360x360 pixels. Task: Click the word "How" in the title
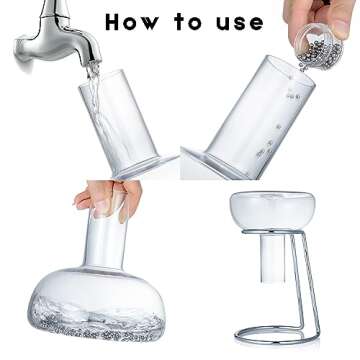point(133,22)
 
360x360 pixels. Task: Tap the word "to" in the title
point(187,22)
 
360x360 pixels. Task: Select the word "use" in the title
point(240,23)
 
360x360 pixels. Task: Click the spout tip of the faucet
point(95,61)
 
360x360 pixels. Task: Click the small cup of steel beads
point(319,46)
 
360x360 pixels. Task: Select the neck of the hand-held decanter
point(106,243)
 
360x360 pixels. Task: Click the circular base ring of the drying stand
point(276,335)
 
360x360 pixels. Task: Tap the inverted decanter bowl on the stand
point(273,210)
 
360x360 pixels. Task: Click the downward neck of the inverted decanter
point(273,257)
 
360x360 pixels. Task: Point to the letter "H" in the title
point(115,22)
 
